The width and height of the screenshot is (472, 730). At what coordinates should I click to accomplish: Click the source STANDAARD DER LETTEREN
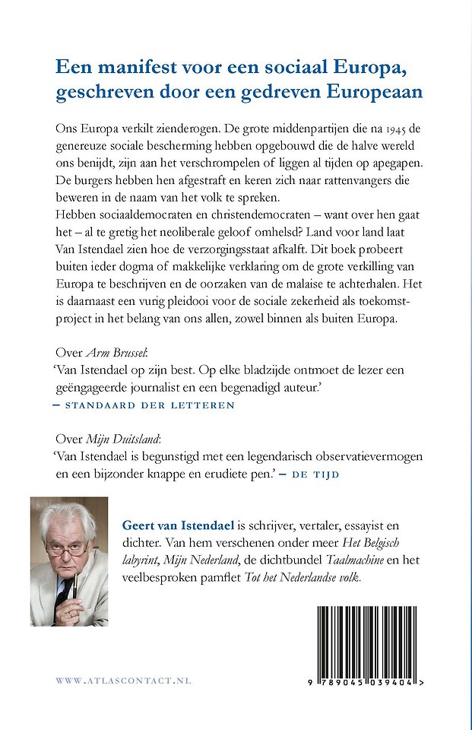pyautogui.click(x=150, y=405)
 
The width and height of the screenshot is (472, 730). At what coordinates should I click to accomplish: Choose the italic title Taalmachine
pyautogui.click(x=349, y=561)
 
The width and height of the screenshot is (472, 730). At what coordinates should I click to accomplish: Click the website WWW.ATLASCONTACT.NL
pyautogui.click(x=123, y=681)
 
